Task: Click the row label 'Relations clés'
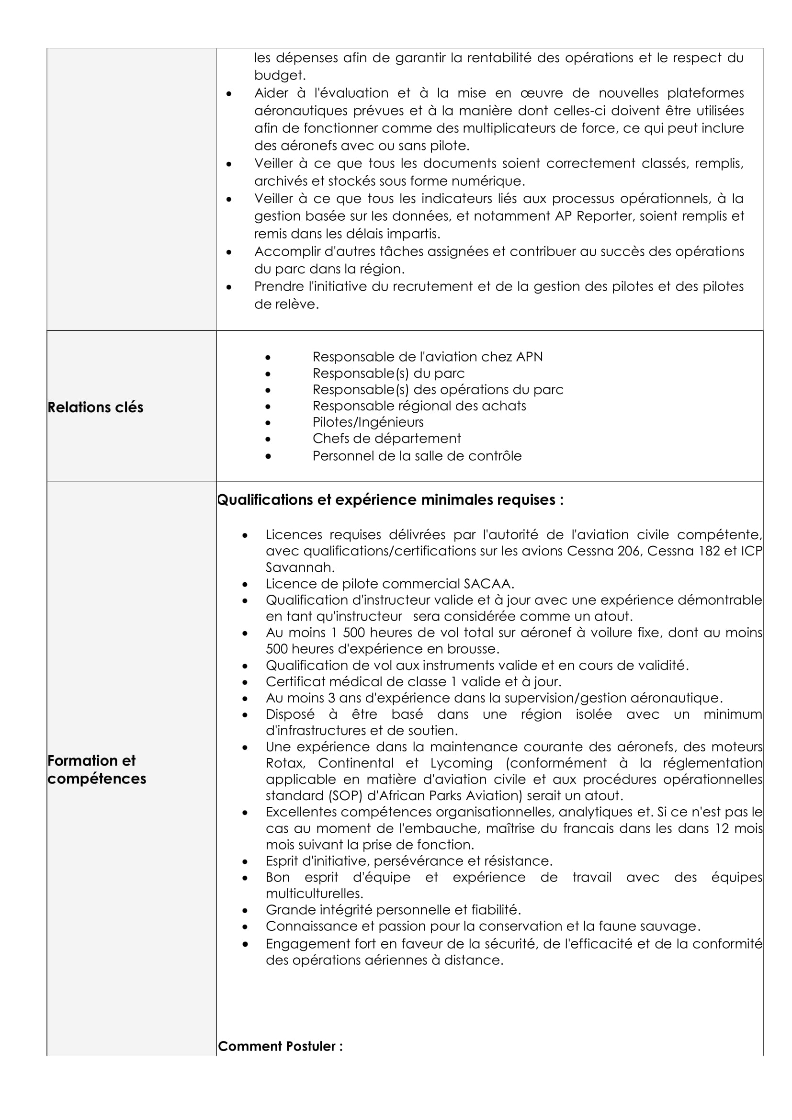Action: tap(96, 407)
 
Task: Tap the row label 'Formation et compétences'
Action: tap(97, 769)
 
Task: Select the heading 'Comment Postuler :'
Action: tap(280, 1046)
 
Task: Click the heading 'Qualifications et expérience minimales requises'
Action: tap(390, 500)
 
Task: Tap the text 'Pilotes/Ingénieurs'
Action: tap(368, 422)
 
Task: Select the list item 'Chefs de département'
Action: tap(386, 439)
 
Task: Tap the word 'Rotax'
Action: tap(285, 763)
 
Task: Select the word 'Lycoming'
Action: tap(461, 763)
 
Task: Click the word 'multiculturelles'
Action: tap(314, 894)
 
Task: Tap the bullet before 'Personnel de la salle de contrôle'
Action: tap(268, 457)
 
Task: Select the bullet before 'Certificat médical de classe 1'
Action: tap(245, 682)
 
